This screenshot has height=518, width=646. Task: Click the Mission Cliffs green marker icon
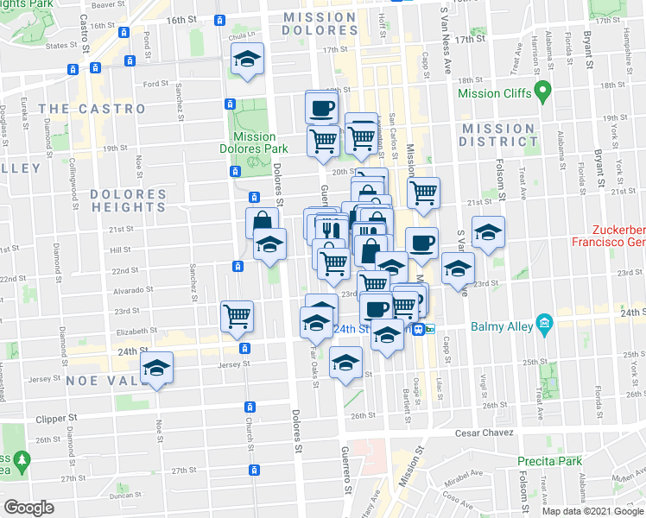(543, 90)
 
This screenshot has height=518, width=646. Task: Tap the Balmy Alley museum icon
(544, 326)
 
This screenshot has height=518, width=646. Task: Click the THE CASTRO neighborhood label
(92, 109)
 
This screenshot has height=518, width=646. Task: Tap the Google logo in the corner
(29, 508)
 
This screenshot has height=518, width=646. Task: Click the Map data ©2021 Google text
(592, 511)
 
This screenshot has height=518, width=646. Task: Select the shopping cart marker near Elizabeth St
(237, 315)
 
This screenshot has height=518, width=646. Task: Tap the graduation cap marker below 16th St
(248, 60)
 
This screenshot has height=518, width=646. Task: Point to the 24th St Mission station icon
(418, 329)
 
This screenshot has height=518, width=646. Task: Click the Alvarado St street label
(133, 291)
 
